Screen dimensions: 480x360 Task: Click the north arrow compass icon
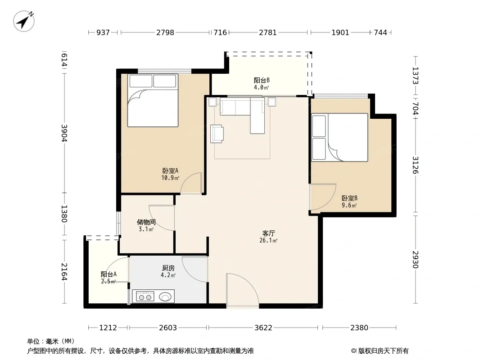coord(23,21)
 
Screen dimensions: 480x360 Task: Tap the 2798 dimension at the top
coord(165,32)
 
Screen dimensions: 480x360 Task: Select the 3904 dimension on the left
coord(64,133)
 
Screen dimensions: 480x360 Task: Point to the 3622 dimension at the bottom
coord(263,328)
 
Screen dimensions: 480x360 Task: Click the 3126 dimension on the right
coord(415,165)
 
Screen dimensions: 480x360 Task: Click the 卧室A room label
coord(170,171)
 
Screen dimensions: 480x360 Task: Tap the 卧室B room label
coord(349,198)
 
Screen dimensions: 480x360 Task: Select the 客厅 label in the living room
coord(268,234)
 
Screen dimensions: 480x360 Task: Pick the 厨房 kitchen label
coord(168,268)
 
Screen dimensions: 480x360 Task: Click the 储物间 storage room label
coord(146,222)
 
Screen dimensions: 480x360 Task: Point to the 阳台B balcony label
coord(262,81)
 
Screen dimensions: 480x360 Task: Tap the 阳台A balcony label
coord(109,274)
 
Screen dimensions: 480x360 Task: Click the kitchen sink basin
coord(165,297)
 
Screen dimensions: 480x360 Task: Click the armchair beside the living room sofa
coord(217,134)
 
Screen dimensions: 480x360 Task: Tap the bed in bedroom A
coord(153,100)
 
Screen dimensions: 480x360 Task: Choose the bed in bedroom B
coord(340,137)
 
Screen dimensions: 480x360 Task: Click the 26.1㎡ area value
coord(268,241)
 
